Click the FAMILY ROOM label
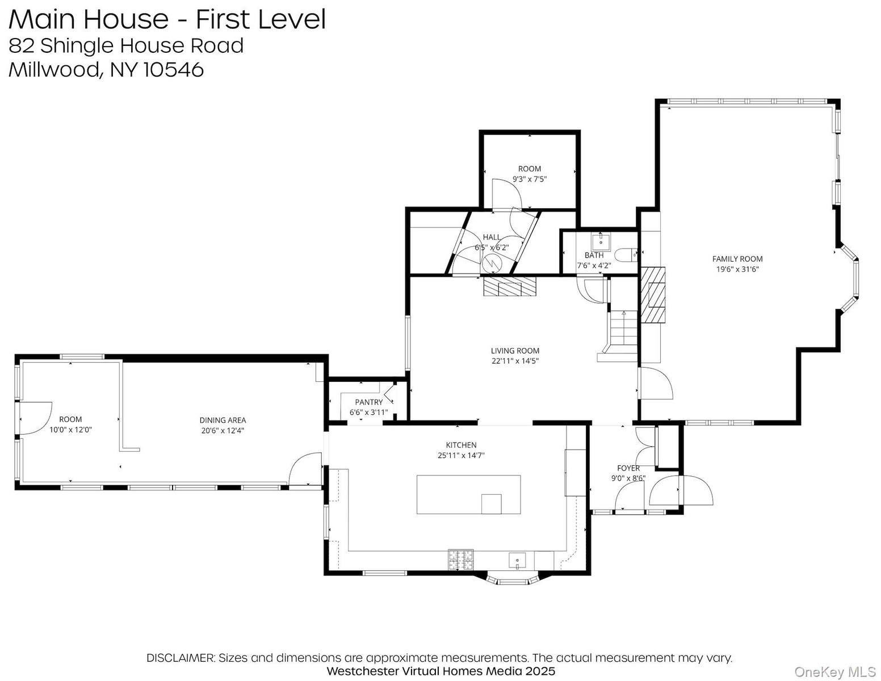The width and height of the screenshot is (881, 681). (x=737, y=259)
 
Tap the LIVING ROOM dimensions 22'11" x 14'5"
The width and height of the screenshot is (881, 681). (x=515, y=361)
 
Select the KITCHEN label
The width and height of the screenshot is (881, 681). (x=461, y=445)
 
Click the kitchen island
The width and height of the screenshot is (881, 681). (x=469, y=495)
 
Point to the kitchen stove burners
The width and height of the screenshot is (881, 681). (x=460, y=560)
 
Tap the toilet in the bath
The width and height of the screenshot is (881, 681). (x=626, y=255)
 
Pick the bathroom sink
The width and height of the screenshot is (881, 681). (x=600, y=242)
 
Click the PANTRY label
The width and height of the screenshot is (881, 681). (x=368, y=402)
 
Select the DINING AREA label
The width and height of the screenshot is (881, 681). (x=223, y=421)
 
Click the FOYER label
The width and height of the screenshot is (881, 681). (x=628, y=468)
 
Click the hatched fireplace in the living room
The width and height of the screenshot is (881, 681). (x=510, y=286)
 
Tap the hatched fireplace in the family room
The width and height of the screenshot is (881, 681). (x=653, y=295)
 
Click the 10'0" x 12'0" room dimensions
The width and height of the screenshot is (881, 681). (x=70, y=430)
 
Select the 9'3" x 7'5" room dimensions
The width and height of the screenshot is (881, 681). (x=530, y=179)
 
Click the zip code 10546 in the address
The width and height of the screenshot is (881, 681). (x=174, y=70)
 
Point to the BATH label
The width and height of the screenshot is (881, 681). (x=594, y=255)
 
